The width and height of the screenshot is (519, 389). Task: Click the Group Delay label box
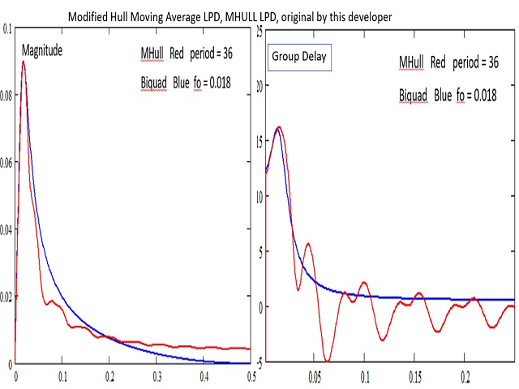click(298, 59)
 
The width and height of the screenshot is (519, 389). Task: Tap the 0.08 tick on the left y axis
click(6, 96)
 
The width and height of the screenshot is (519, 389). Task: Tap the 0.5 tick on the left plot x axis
click(251, 377)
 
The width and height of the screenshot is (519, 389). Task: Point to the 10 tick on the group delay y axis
click(259, 195)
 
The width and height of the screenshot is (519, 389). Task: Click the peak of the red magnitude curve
click(24, 62)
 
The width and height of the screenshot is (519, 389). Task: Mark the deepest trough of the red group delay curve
click(327, 361)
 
